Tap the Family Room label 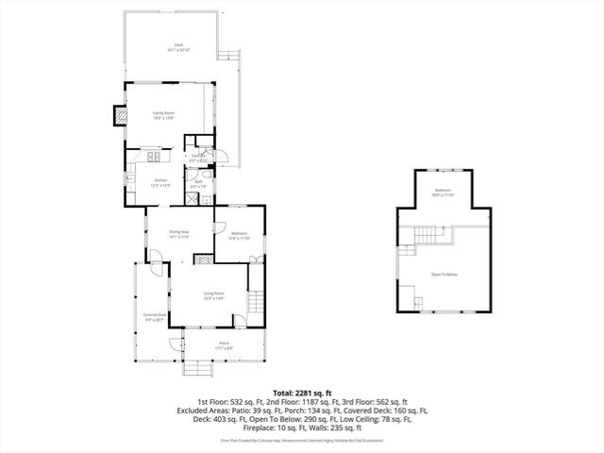[x=164, y=114]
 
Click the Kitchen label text [x=160, y=182]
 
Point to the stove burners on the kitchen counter [x=152, y=155]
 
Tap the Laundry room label [x=198, y=158]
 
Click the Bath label [x=196, y=185]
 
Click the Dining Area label [x=179, y=234]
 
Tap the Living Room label [x=214, y=294]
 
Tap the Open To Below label [x=444, y=275]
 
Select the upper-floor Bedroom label [x=444, y=192]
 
